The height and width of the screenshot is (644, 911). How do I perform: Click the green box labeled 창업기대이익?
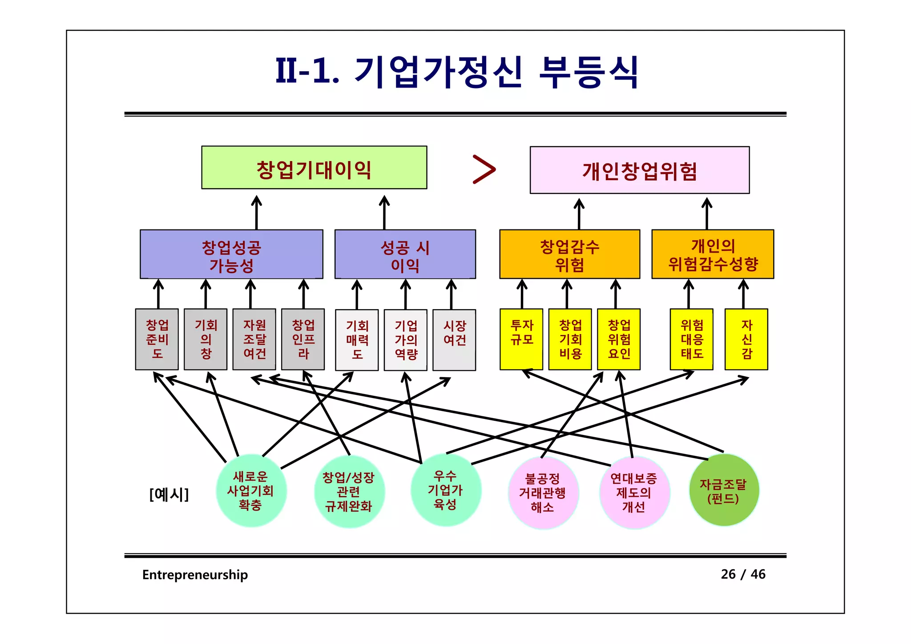point(314,168)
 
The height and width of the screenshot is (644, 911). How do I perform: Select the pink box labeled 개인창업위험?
point(639,170)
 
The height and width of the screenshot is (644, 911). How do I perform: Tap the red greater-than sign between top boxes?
point(484,169)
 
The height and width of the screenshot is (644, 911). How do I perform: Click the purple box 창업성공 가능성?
point(231,254)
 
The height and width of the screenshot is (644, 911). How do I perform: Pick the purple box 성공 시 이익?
point(405,254)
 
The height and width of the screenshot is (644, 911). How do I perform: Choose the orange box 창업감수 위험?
point(569,254)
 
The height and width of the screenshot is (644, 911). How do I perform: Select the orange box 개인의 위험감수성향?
point(713,254)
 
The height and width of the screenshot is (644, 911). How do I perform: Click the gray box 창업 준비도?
point(157,339)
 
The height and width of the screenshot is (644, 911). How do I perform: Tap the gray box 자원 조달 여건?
point(254,339)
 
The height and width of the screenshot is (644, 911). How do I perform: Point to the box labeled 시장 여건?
point(454,340)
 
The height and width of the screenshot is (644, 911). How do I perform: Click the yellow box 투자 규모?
point(521,339)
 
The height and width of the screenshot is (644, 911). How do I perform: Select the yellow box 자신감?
point(746,339)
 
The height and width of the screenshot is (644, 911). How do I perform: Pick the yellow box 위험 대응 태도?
point(691,339)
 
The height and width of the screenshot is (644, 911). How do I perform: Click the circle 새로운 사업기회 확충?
point(251,491)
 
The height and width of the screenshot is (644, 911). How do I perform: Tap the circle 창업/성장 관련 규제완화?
point(349,491)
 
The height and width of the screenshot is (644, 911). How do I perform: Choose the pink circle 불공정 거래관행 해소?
point(543,492)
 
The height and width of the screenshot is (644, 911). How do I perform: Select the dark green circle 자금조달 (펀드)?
point(723,490)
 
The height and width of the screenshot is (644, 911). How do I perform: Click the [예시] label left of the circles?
point(169,494)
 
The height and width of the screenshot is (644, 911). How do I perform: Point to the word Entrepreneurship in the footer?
point(195,575)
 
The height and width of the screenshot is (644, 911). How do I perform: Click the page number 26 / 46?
point(743,574)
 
